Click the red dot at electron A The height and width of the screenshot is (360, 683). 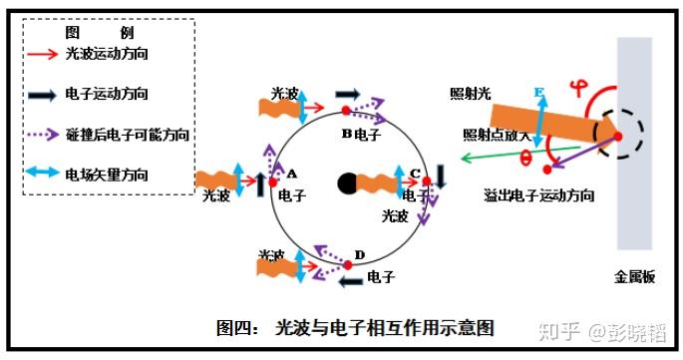point(273,182)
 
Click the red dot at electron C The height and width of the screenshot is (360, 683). point(427,181)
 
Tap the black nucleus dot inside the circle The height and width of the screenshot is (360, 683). point(347,182)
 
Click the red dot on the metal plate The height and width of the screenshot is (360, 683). point(617,136)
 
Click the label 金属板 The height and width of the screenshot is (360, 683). point(634,278)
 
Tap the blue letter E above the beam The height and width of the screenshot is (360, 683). point(539,94)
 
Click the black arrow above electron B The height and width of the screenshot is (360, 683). point(348,93)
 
